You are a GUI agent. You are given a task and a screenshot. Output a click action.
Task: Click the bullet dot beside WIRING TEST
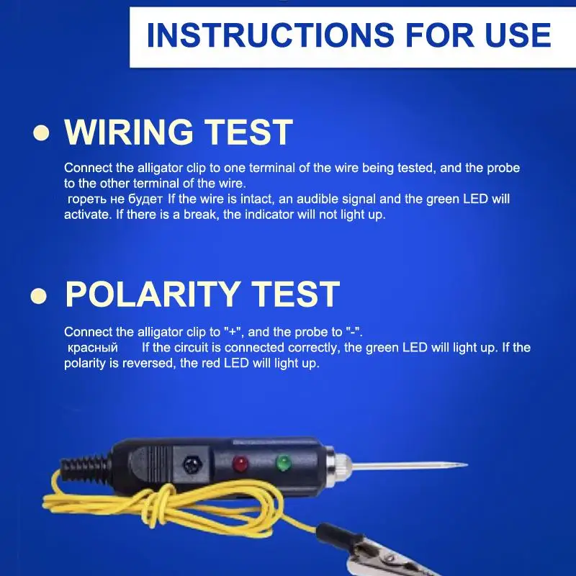(42, 133)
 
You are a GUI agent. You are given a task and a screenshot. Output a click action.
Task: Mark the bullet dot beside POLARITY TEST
(40, 295)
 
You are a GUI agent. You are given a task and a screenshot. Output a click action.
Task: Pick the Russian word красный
(92, 348)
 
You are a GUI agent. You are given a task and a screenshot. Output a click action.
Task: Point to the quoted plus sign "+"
(232, 332)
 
